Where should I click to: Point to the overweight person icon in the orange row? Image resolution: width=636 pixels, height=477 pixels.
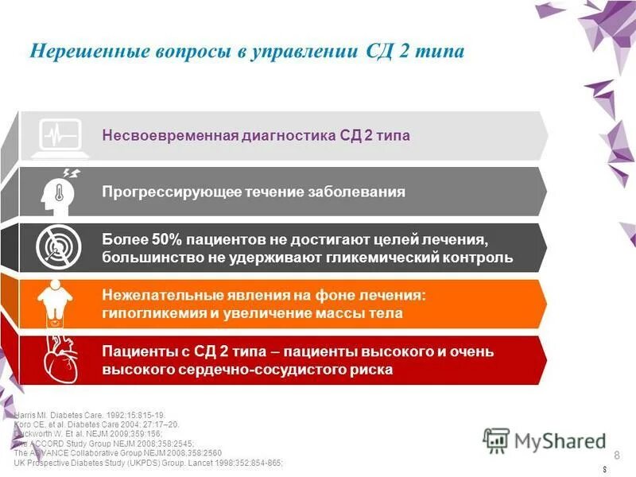[56, 303]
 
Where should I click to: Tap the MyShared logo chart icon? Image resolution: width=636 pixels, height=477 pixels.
[497, 439]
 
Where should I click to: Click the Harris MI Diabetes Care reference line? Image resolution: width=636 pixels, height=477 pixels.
[87, 416]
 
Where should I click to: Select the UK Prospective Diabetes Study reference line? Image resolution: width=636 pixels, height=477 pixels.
[148, 463]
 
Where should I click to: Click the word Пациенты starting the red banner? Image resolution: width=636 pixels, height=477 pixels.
[136, 351]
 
